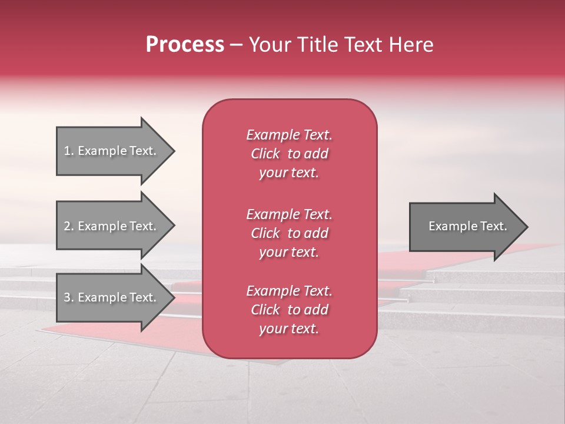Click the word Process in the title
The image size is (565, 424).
[x=185, y=45]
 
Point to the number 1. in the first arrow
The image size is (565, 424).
[x=69, y=151]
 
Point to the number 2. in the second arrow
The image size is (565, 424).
[x=69, y=226]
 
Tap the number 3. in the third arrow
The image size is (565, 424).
[x=69, y=297]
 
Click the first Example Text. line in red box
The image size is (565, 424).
[x=289, y=135]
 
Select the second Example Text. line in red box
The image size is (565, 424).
[x=289, y=214]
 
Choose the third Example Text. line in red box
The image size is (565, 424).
[x=289, y=291]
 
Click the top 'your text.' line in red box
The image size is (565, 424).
[x=289, y=173]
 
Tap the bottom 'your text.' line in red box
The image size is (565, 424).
[x=289, y=329]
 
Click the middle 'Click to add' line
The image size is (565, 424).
[x=289, y=233]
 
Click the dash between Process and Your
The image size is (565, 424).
[x=237, y=45]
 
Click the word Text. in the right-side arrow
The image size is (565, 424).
[x=493, y=226]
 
